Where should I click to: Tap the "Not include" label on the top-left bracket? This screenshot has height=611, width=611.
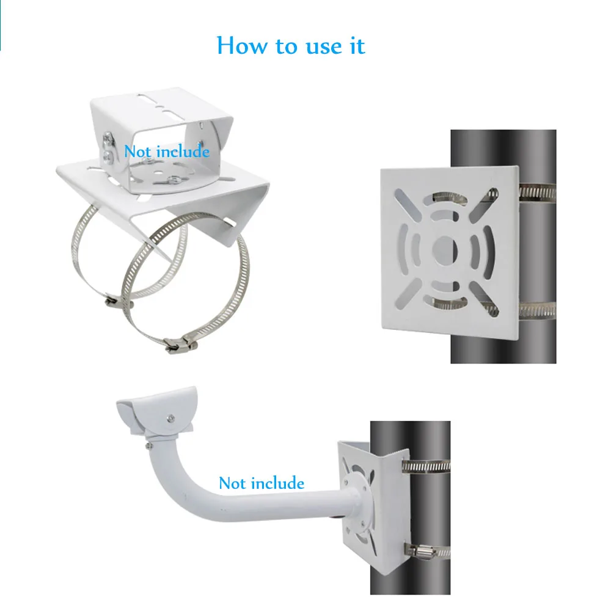167,151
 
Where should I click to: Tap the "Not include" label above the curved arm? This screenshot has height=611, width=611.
262,483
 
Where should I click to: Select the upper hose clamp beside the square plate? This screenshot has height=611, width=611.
538,192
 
